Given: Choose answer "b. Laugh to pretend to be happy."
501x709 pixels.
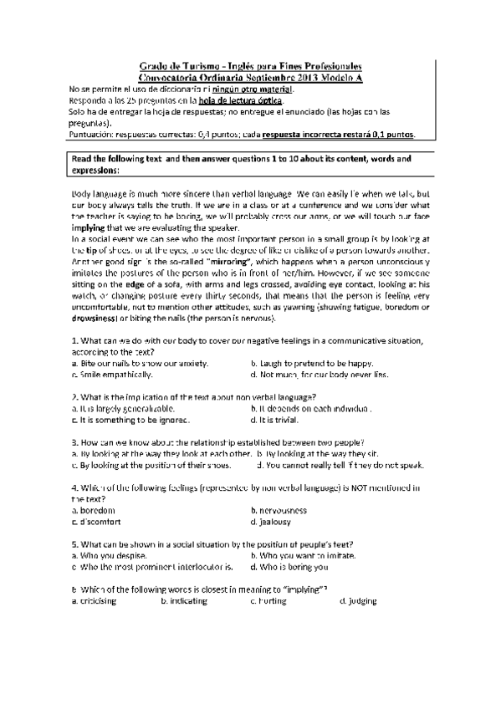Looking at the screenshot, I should [311, 364].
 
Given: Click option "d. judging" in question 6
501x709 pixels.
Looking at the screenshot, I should [358, 600].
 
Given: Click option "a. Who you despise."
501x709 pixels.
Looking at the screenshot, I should [109, 555].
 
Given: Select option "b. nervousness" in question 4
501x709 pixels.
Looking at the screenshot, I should [279, 509].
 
